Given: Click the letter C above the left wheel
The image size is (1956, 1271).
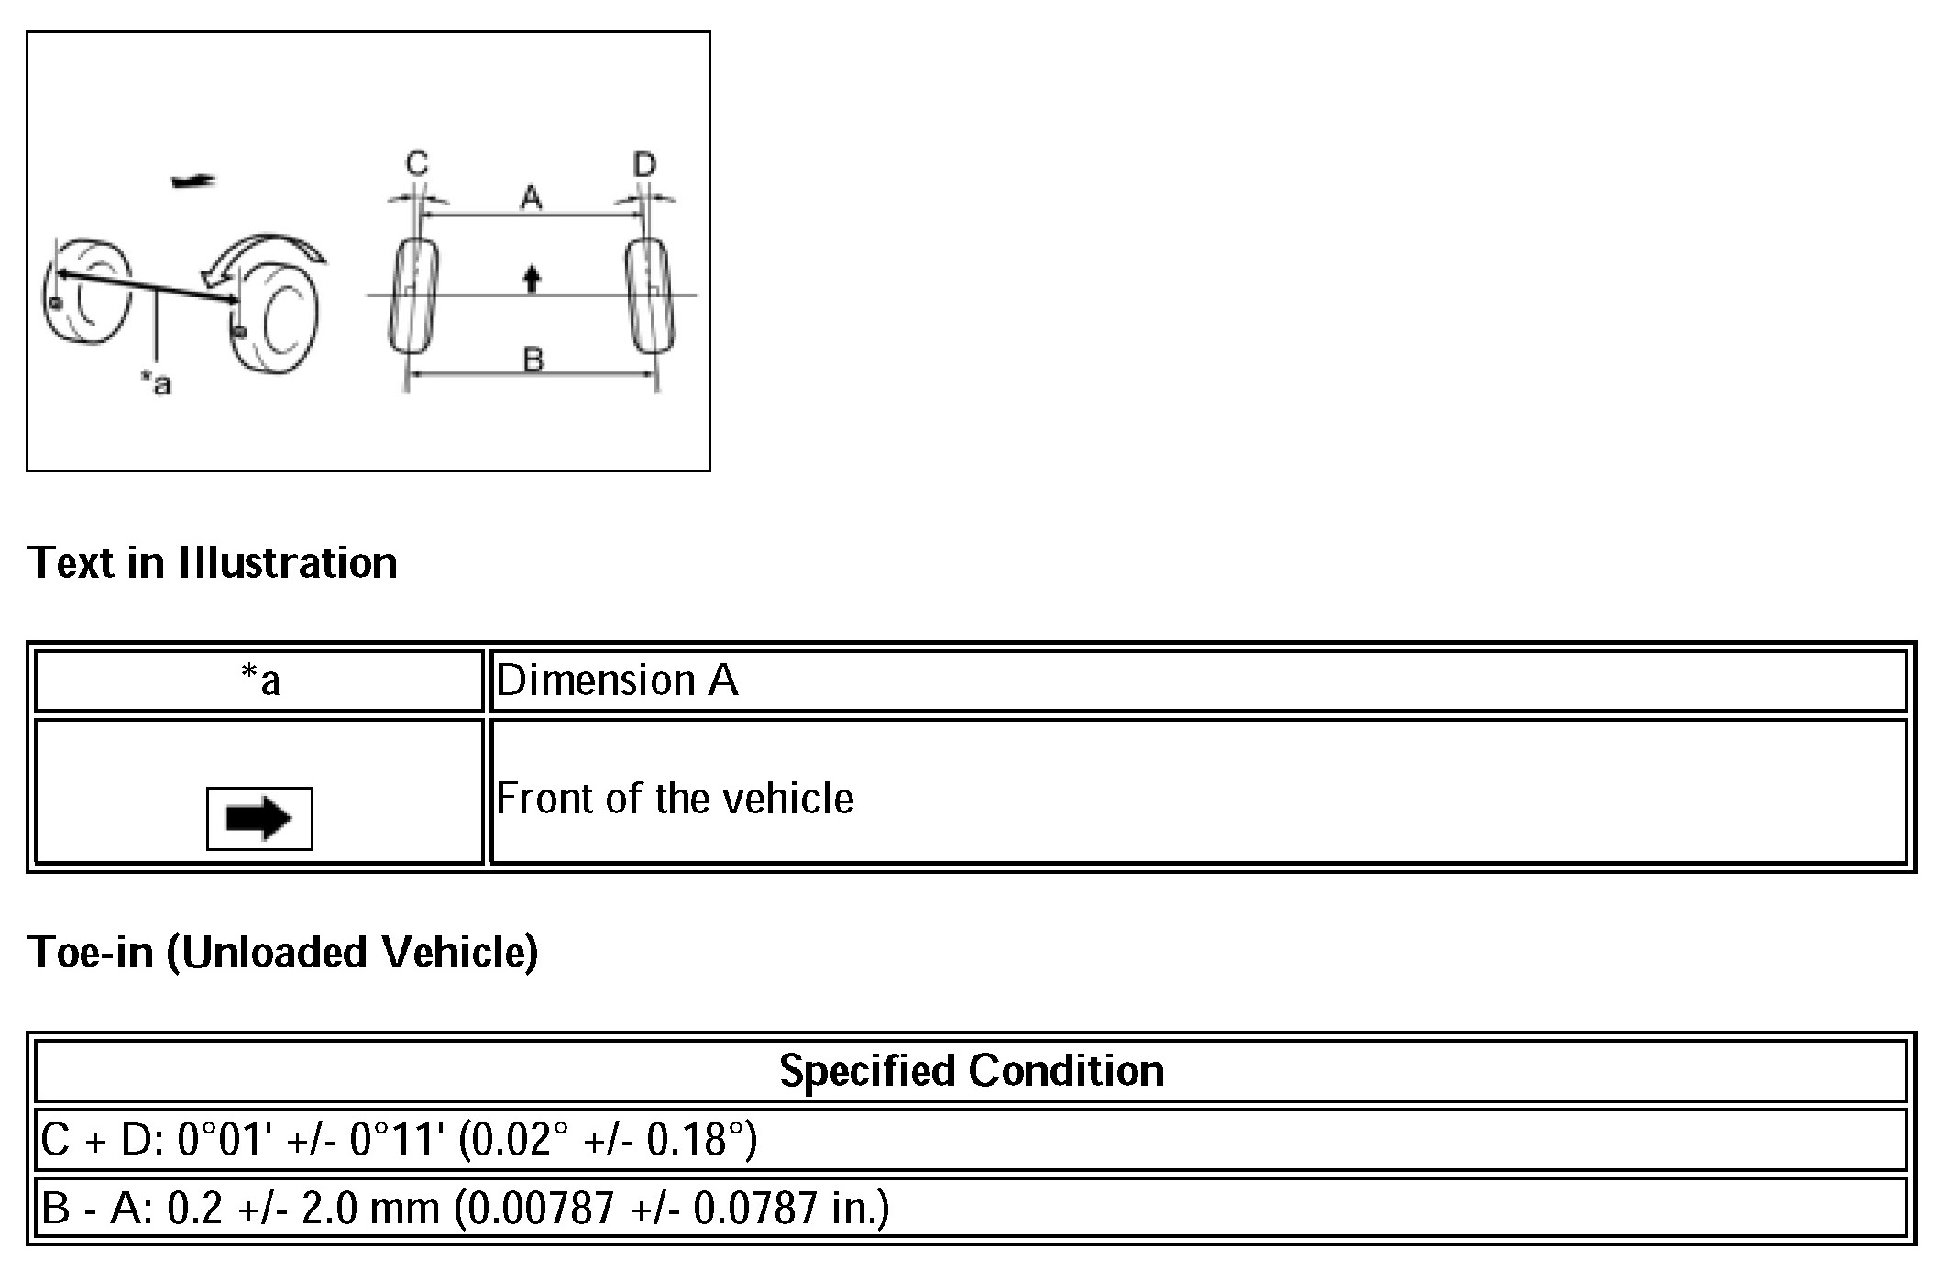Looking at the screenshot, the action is [417, 164].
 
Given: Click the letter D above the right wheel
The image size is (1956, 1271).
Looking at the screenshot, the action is [645, 165].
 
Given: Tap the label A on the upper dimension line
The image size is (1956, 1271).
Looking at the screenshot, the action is [532, 197].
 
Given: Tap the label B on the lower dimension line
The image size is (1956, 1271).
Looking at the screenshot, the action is [533, 359].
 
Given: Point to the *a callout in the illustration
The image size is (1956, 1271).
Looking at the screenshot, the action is [156, 382].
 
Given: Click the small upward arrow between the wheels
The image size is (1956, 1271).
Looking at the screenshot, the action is [532, 278].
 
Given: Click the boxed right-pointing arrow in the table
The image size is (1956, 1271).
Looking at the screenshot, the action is [259, 818].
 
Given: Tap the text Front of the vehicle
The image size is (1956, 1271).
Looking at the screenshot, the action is [675, 799].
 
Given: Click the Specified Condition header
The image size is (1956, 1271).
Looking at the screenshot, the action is [971, 1070].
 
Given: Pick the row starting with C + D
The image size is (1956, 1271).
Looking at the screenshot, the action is [399, 1140].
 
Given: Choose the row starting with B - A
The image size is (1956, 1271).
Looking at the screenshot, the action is [465, 1208].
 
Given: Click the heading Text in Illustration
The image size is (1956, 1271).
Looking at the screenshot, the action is [213, 562].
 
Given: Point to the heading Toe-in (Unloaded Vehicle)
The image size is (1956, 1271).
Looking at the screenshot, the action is [283, 952].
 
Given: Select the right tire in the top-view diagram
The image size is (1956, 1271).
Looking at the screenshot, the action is [650, 295].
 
